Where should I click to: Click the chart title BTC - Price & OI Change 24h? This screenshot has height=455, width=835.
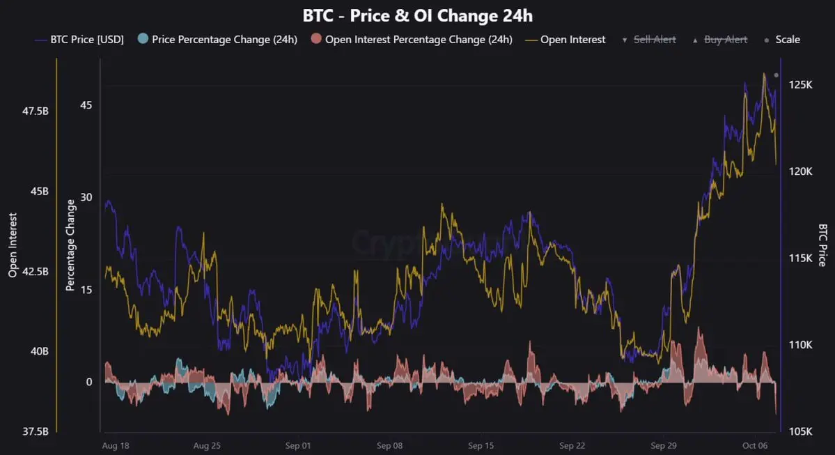click(x=417, y=15)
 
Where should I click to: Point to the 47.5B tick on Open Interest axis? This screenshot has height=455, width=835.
click(x=36, y=111)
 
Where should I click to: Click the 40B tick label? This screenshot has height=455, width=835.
click(x=39, y=352)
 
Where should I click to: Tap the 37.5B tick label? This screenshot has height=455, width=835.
click(x=36, y=432)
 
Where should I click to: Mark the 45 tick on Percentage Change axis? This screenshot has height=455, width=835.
click(x=86, y=105)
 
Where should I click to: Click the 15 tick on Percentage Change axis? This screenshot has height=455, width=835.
click(x=86, y=290)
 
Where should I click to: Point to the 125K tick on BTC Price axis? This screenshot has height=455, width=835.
click(x=802, y=85)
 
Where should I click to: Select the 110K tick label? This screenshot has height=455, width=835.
click(x=802, y=345)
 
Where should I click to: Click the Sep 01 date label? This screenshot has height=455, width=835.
click(x=297, y=445)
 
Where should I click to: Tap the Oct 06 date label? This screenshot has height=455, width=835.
click(x=754, y=445)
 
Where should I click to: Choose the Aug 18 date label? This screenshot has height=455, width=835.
click(x=116, y=445)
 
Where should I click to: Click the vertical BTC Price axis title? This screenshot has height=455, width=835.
click(x=822, y=245)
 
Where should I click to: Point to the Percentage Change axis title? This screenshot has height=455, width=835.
click(x=70, y=245)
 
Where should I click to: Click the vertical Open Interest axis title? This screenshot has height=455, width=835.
click(x=13, y=245)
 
